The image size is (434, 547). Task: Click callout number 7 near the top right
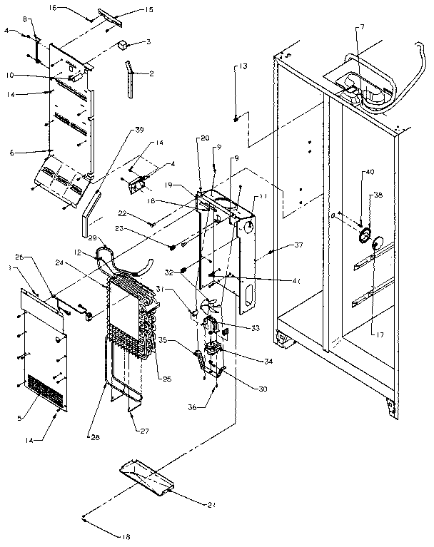tap(363, 26)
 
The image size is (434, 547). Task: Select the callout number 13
tap(243, 66)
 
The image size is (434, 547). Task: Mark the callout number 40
tap(370, 172)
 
